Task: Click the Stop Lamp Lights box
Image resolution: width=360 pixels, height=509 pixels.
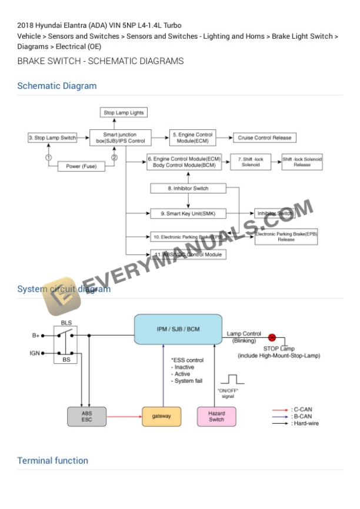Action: [124, 113]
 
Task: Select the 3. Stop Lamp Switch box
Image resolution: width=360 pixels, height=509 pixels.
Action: [52, 138]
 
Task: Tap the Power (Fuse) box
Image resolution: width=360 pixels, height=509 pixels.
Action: [81, 166]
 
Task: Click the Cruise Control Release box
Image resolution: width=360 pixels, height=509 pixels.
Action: [264, 138]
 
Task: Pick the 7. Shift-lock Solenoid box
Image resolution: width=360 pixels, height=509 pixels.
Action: [250, 162]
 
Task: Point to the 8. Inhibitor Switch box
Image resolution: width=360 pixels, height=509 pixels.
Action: [188, 189]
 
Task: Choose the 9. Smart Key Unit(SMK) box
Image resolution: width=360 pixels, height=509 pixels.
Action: [188, 213]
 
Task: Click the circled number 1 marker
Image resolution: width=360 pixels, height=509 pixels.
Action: [48, 158]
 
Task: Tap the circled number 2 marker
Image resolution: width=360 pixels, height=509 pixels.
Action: [115, 158]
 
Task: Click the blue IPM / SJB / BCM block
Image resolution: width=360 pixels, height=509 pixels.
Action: [178, 329]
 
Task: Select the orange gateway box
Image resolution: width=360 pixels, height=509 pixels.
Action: [161, 416]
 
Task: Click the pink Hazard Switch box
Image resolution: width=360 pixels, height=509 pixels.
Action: [216, 416]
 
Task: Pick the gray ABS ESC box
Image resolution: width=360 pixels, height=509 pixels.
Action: [86, 416]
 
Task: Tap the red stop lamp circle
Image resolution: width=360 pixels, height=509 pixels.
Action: [272, 337]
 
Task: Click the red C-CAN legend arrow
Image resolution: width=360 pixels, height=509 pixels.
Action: [280, 409]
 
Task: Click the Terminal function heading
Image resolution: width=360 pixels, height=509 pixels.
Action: [53, 461]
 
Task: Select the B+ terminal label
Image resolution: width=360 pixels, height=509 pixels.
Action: [36, 336]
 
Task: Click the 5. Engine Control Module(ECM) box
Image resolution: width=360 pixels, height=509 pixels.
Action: [192, 138]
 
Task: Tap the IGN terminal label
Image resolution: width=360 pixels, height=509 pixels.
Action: [35, 353]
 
